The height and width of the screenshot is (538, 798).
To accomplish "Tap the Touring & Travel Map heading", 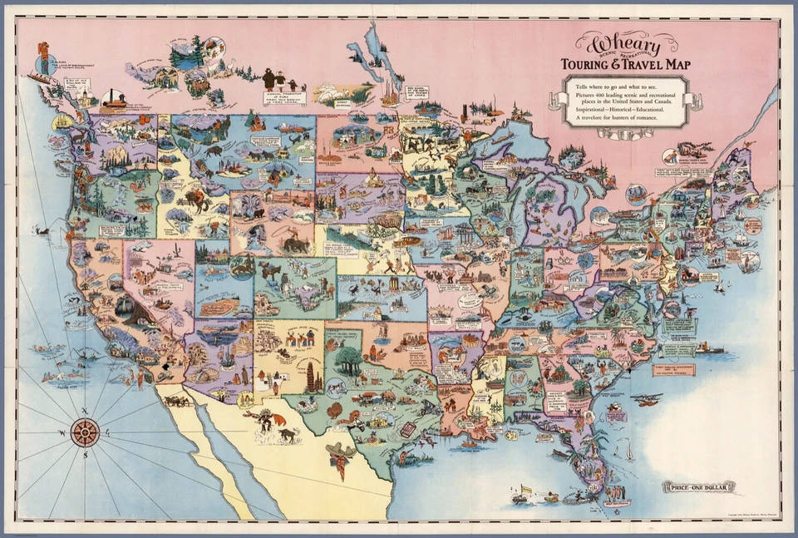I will coord(624,64).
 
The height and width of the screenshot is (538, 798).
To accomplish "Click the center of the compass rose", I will coord(85,432).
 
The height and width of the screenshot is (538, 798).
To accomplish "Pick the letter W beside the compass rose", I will coord(62,432).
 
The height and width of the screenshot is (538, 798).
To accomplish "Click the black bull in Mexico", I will coord(287,434).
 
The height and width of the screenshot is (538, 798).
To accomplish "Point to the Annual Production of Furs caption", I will coord(283,97).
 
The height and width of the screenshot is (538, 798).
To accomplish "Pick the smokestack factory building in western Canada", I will coord(114,98).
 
